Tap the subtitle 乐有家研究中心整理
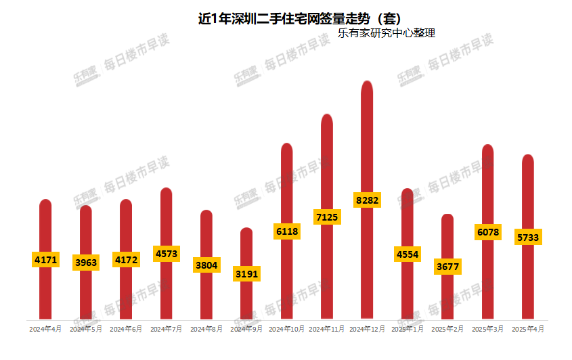(386, 32)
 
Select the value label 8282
(367, 200)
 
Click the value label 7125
(327, 217)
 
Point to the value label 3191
(246, 274)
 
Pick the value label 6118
(286, 231)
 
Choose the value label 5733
(528, 238)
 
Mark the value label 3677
(447, 267)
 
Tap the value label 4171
(45, 259)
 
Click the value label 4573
(166, 253)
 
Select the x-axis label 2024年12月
(367, 329)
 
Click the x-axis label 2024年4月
(45, 329)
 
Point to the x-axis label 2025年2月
(447, 329)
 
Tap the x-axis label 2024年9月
(246, 329)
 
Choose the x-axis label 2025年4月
(528, 329)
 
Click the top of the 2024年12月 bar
(367, 83)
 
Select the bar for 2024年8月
(206, 298)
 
